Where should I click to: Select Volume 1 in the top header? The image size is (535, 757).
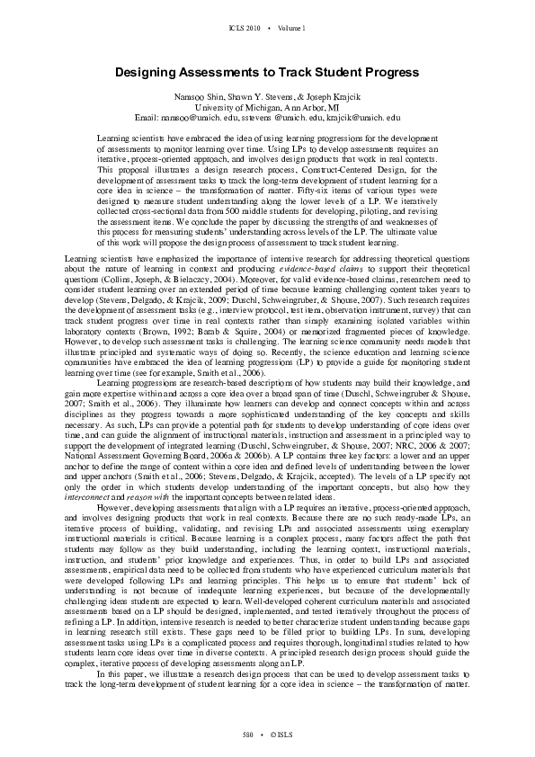coord(291,29)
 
